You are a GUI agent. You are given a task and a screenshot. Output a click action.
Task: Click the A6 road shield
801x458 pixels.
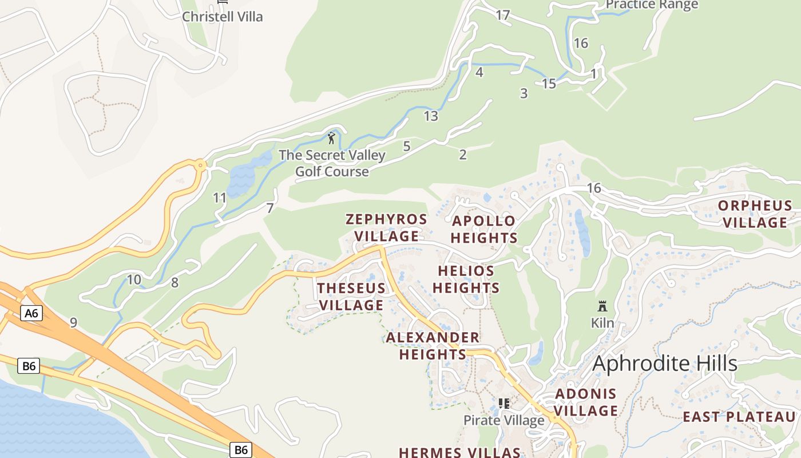point(31,313)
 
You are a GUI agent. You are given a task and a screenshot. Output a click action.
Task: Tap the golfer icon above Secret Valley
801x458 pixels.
point(331,138)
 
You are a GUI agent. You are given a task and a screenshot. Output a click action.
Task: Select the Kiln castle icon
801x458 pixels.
point(602,306)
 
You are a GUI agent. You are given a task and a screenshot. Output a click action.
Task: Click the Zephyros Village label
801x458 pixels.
point(387,228)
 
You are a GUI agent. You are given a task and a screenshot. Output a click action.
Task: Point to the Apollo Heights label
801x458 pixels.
point(485,230)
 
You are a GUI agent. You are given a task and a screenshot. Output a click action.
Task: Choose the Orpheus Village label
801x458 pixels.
point(755,214)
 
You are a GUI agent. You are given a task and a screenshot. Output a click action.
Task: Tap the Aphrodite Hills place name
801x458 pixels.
point(665,364)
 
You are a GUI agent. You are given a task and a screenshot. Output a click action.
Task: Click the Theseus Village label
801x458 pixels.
point(351,297)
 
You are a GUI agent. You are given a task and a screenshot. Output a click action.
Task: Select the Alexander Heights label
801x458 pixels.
point(433,346)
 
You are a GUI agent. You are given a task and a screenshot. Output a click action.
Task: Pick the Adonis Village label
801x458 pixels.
point(586,402)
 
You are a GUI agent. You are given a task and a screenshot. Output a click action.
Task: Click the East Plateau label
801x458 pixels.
point(739,417)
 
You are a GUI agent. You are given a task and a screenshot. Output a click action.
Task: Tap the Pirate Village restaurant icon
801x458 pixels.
point(503,404)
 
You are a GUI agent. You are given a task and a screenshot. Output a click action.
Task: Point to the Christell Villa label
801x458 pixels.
point(223,17)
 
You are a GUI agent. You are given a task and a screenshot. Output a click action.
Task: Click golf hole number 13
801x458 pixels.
point(431,116)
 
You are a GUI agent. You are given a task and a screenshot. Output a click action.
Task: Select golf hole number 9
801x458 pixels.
point(73,323)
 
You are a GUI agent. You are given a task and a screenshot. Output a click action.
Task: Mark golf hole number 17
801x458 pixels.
point(502,15)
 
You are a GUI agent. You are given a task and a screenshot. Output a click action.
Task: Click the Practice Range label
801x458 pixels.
point(652,5)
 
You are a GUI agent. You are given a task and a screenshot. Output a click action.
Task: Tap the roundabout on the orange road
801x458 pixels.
point(200,165)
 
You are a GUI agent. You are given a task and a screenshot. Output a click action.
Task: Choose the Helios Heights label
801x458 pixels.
point(466,279)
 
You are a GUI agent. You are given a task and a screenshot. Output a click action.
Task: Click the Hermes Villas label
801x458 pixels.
point(459,452)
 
